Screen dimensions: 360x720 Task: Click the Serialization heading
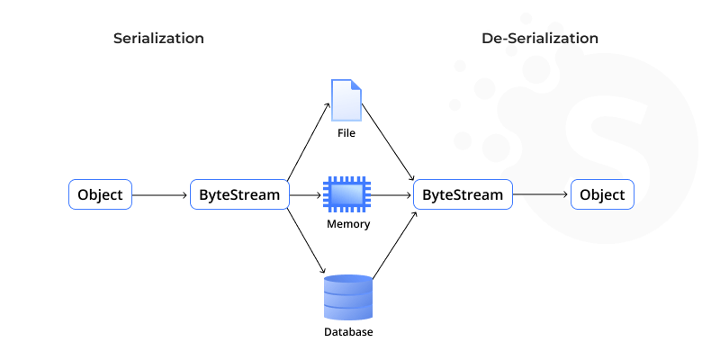(x=158, y=39)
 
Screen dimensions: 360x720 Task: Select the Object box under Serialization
(x=101, y=194)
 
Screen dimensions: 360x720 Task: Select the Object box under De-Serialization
(x=602, y=194)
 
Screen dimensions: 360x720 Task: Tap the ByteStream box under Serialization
(x=240, y=194)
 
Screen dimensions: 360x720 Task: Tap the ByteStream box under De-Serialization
(x=463, y=194)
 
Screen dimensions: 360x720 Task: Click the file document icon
(x=346, y=100)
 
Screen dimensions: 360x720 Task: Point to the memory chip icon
(x=346, y=194)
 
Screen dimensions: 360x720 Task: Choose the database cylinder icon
(x=346, y=298)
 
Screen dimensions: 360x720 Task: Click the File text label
(x=346, y=133)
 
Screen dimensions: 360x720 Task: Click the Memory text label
(x=346, y=224)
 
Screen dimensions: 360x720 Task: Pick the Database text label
(x=346, y=332)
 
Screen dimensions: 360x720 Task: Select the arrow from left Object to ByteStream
(x=161, y=194)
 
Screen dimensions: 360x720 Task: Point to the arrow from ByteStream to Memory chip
(x=306, y=194)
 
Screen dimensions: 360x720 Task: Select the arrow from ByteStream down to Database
(x=307, y=243)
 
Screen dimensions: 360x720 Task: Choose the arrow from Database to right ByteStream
(x=392, y=245)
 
